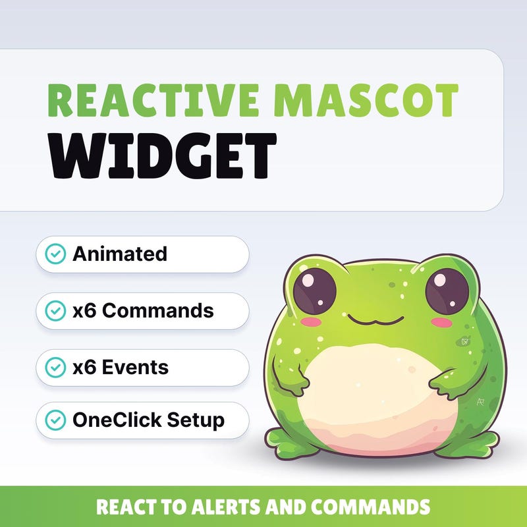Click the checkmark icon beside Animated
point(55,254)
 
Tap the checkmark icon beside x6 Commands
point(55,310)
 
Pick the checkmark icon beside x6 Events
point(55,367)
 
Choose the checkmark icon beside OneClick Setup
point(55,419)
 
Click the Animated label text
point(120,254)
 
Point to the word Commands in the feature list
point(158,310)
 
